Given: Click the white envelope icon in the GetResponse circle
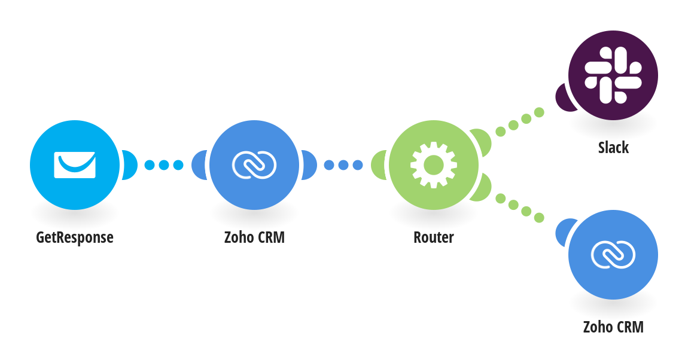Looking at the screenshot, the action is [75, 165].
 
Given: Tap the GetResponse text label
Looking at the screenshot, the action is [75, 237].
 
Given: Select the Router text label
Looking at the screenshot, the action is [434, 237].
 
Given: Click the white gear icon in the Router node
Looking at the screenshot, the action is [434, 165].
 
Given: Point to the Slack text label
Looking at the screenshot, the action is [613, 147].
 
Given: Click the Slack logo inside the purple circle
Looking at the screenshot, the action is [613, 75].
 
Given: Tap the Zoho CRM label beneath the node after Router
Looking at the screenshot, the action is [613, 327].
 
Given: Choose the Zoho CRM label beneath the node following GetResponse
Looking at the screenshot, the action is [254, 237].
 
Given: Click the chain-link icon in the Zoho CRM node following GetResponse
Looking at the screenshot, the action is [254, 165].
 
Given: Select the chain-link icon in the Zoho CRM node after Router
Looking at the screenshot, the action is [613, 255].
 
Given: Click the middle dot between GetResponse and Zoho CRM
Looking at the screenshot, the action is [164, 165].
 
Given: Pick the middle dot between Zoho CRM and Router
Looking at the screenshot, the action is [343, 165].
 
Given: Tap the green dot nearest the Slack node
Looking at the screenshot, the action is [539, 112].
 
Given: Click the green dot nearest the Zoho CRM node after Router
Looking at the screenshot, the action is [539, 218].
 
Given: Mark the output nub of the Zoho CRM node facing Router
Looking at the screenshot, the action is [309, 165].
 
